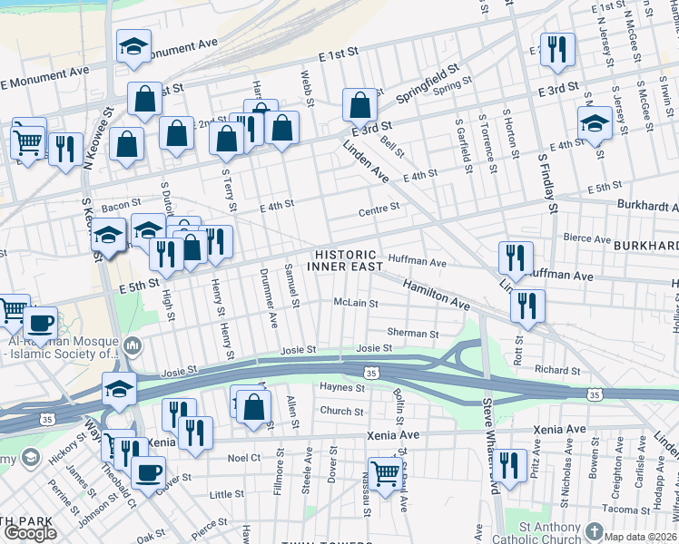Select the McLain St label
coord(355,303)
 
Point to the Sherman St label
coord(413,334)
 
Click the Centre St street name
coord(380,208)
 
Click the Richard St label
coord(556,370)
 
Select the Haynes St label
coord(342,388)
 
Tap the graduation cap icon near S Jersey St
coord(595,123)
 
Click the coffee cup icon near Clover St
coord(148,471)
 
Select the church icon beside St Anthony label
coord(595,530)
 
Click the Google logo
coord(30,533)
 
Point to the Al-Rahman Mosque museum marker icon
coord(133,344)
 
